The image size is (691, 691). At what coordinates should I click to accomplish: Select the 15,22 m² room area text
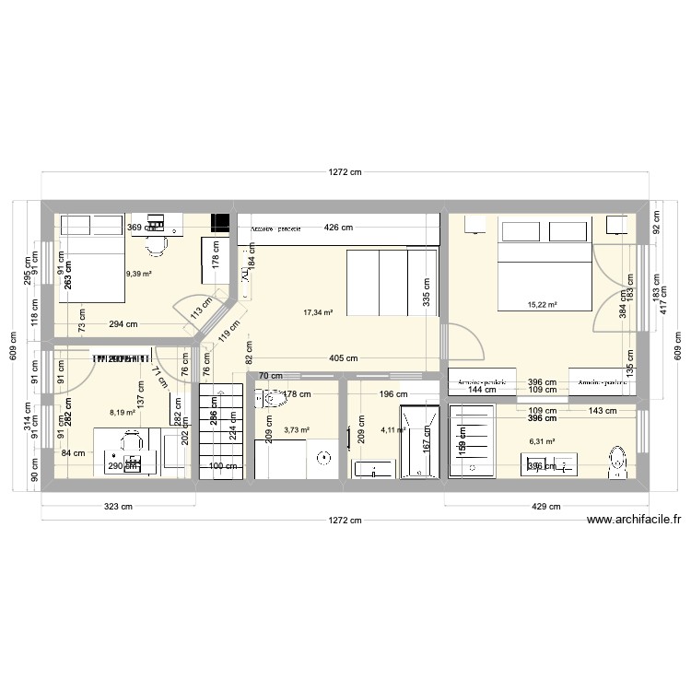[x=542, y=304]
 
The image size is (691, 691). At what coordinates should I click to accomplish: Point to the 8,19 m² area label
[x=122, y=413]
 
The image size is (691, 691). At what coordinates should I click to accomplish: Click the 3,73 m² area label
[x=296, y=429]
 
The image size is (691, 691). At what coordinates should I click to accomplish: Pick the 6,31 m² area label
[x=542, y=441]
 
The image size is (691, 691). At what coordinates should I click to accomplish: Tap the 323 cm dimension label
[x=119, y=506]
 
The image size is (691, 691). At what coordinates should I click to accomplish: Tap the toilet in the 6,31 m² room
[x=617, y=463]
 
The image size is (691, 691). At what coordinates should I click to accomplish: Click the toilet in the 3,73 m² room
[x=274, y=398]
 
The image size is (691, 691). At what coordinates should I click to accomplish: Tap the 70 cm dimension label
[x=270, y=376]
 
